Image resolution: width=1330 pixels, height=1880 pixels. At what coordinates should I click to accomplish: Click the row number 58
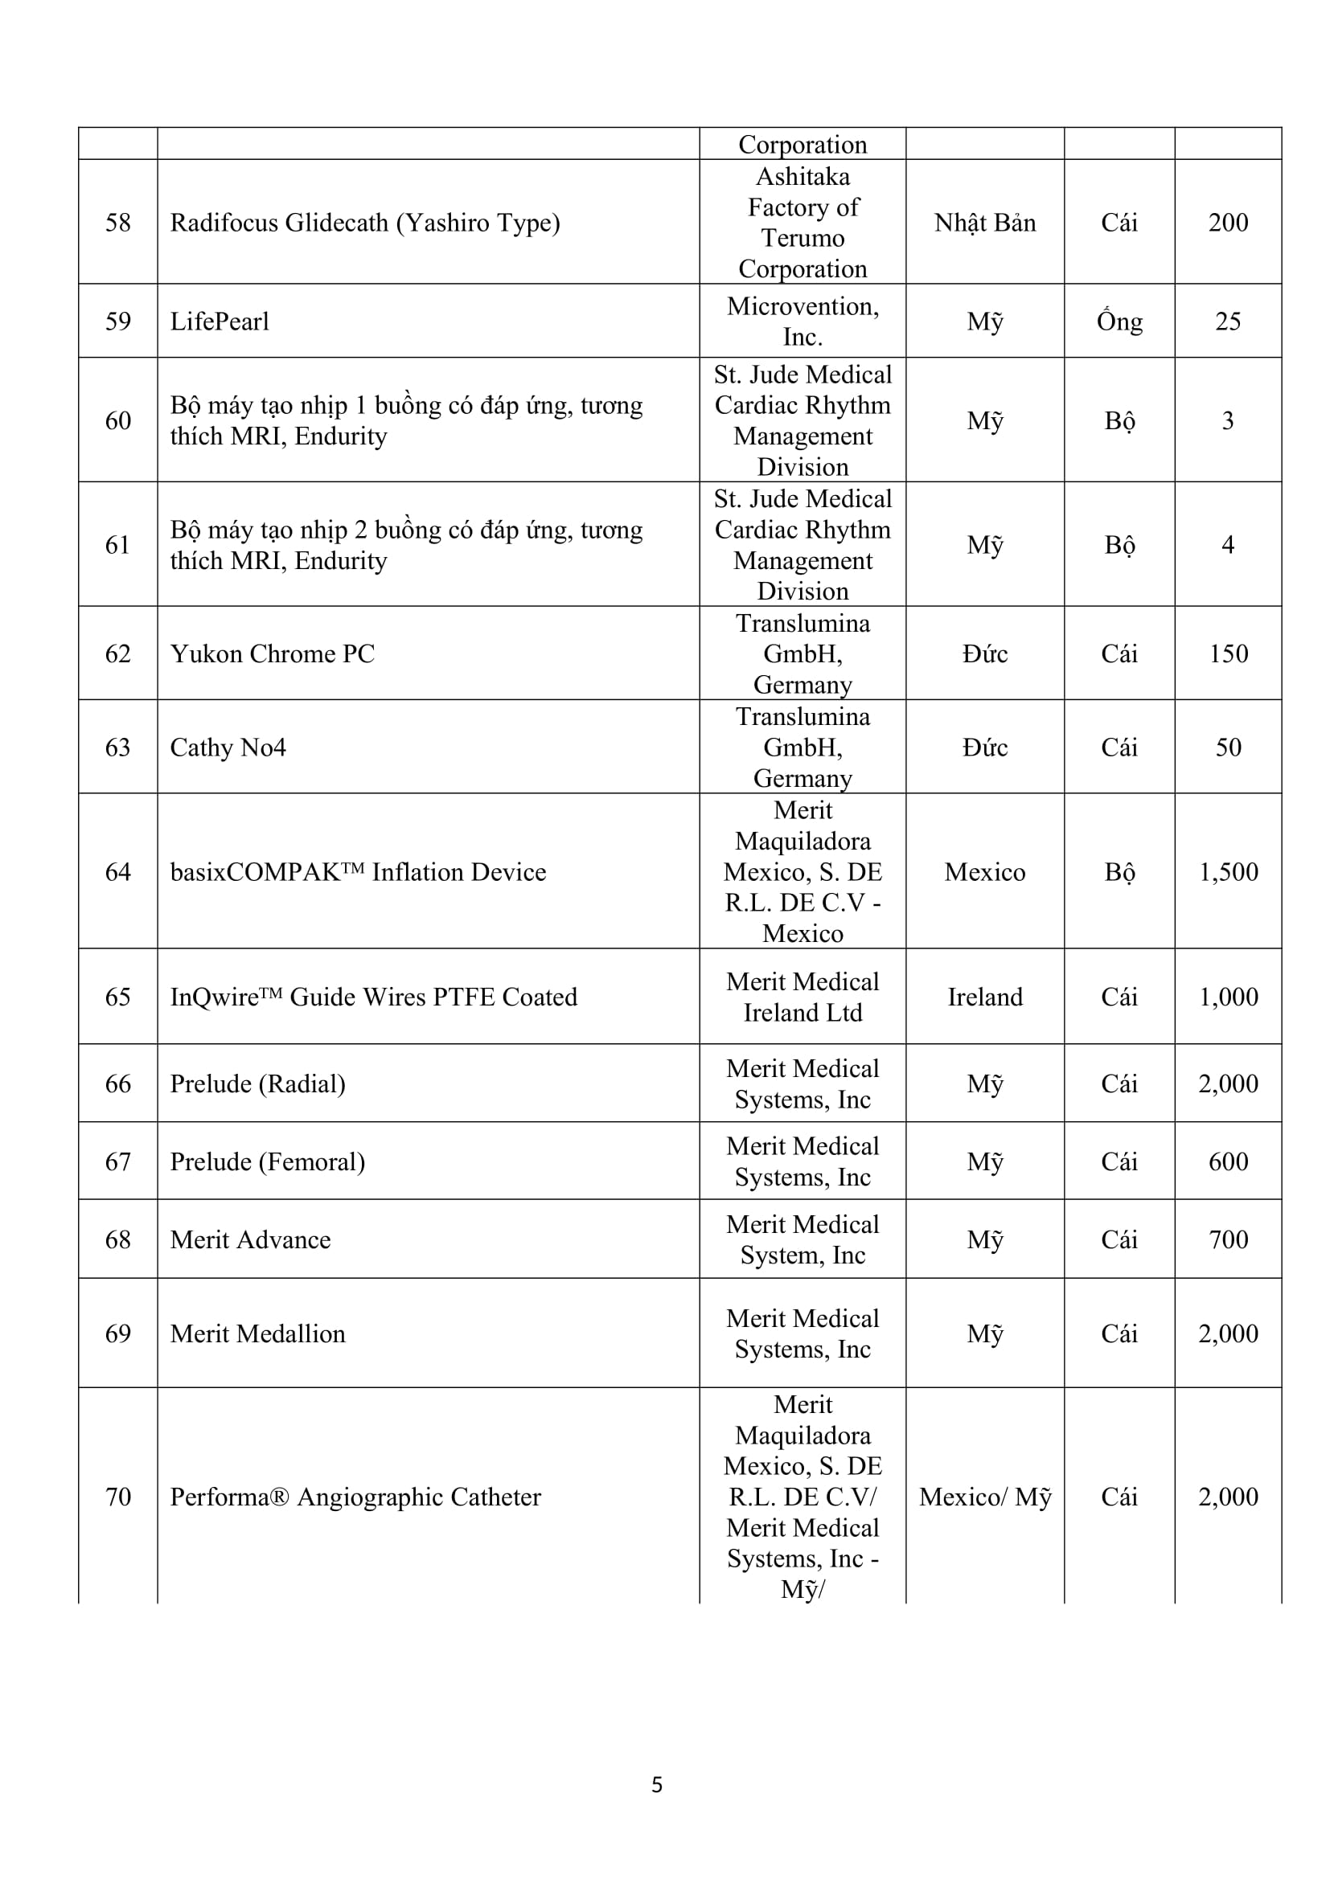118,223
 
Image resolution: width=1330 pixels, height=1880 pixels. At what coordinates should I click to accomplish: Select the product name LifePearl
220,321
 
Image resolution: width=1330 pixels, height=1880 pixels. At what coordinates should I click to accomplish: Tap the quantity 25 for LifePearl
1228,321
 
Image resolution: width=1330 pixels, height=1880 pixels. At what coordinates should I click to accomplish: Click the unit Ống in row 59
1119,321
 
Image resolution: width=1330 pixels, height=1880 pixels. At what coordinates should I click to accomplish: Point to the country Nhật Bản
984,223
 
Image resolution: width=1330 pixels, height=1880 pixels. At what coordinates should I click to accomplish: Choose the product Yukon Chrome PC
272,653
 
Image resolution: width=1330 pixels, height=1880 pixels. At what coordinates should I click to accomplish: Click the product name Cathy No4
228,747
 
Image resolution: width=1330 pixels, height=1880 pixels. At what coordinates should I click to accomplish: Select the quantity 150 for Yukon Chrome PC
1228,653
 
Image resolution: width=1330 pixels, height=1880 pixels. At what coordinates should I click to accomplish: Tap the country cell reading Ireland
984,997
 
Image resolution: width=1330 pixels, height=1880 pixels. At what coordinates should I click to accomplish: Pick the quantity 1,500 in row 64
1228,872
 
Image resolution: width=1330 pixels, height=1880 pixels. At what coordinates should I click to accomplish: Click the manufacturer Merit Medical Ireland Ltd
802,997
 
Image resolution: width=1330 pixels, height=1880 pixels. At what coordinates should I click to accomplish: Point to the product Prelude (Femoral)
267,1161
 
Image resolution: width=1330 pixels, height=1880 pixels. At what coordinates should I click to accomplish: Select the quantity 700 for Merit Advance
1228,1239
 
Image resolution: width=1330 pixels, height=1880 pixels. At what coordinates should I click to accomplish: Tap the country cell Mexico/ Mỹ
984,1497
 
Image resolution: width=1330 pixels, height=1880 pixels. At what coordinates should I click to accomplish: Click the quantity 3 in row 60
1228,420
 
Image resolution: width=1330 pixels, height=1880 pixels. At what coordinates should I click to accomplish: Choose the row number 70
118,1497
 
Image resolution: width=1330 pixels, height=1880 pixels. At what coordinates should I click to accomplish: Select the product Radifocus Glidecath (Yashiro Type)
364,223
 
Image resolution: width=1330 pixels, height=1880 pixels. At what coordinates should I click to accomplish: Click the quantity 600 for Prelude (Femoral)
1228,1161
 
